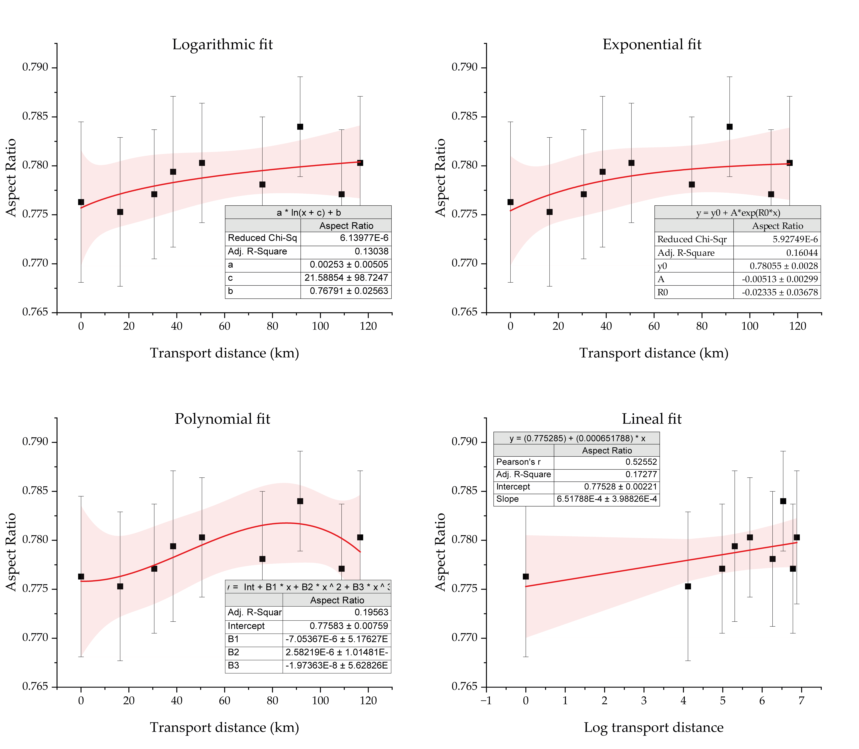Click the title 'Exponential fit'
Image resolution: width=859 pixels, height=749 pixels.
[652, 44]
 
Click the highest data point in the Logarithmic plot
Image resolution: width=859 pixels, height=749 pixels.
[300, 127]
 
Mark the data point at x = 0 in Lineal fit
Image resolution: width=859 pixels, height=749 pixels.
[526, 576]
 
